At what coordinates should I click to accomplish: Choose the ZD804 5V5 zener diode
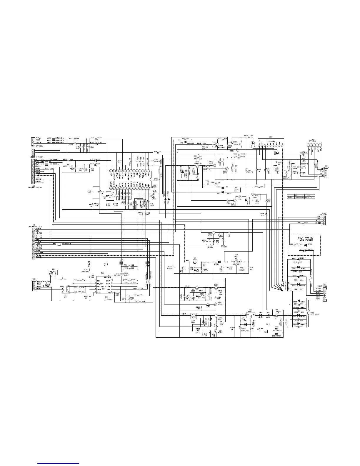[266, 213]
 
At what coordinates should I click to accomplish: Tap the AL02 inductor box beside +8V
[193, 316]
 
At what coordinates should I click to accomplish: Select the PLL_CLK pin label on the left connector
[39, 239]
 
